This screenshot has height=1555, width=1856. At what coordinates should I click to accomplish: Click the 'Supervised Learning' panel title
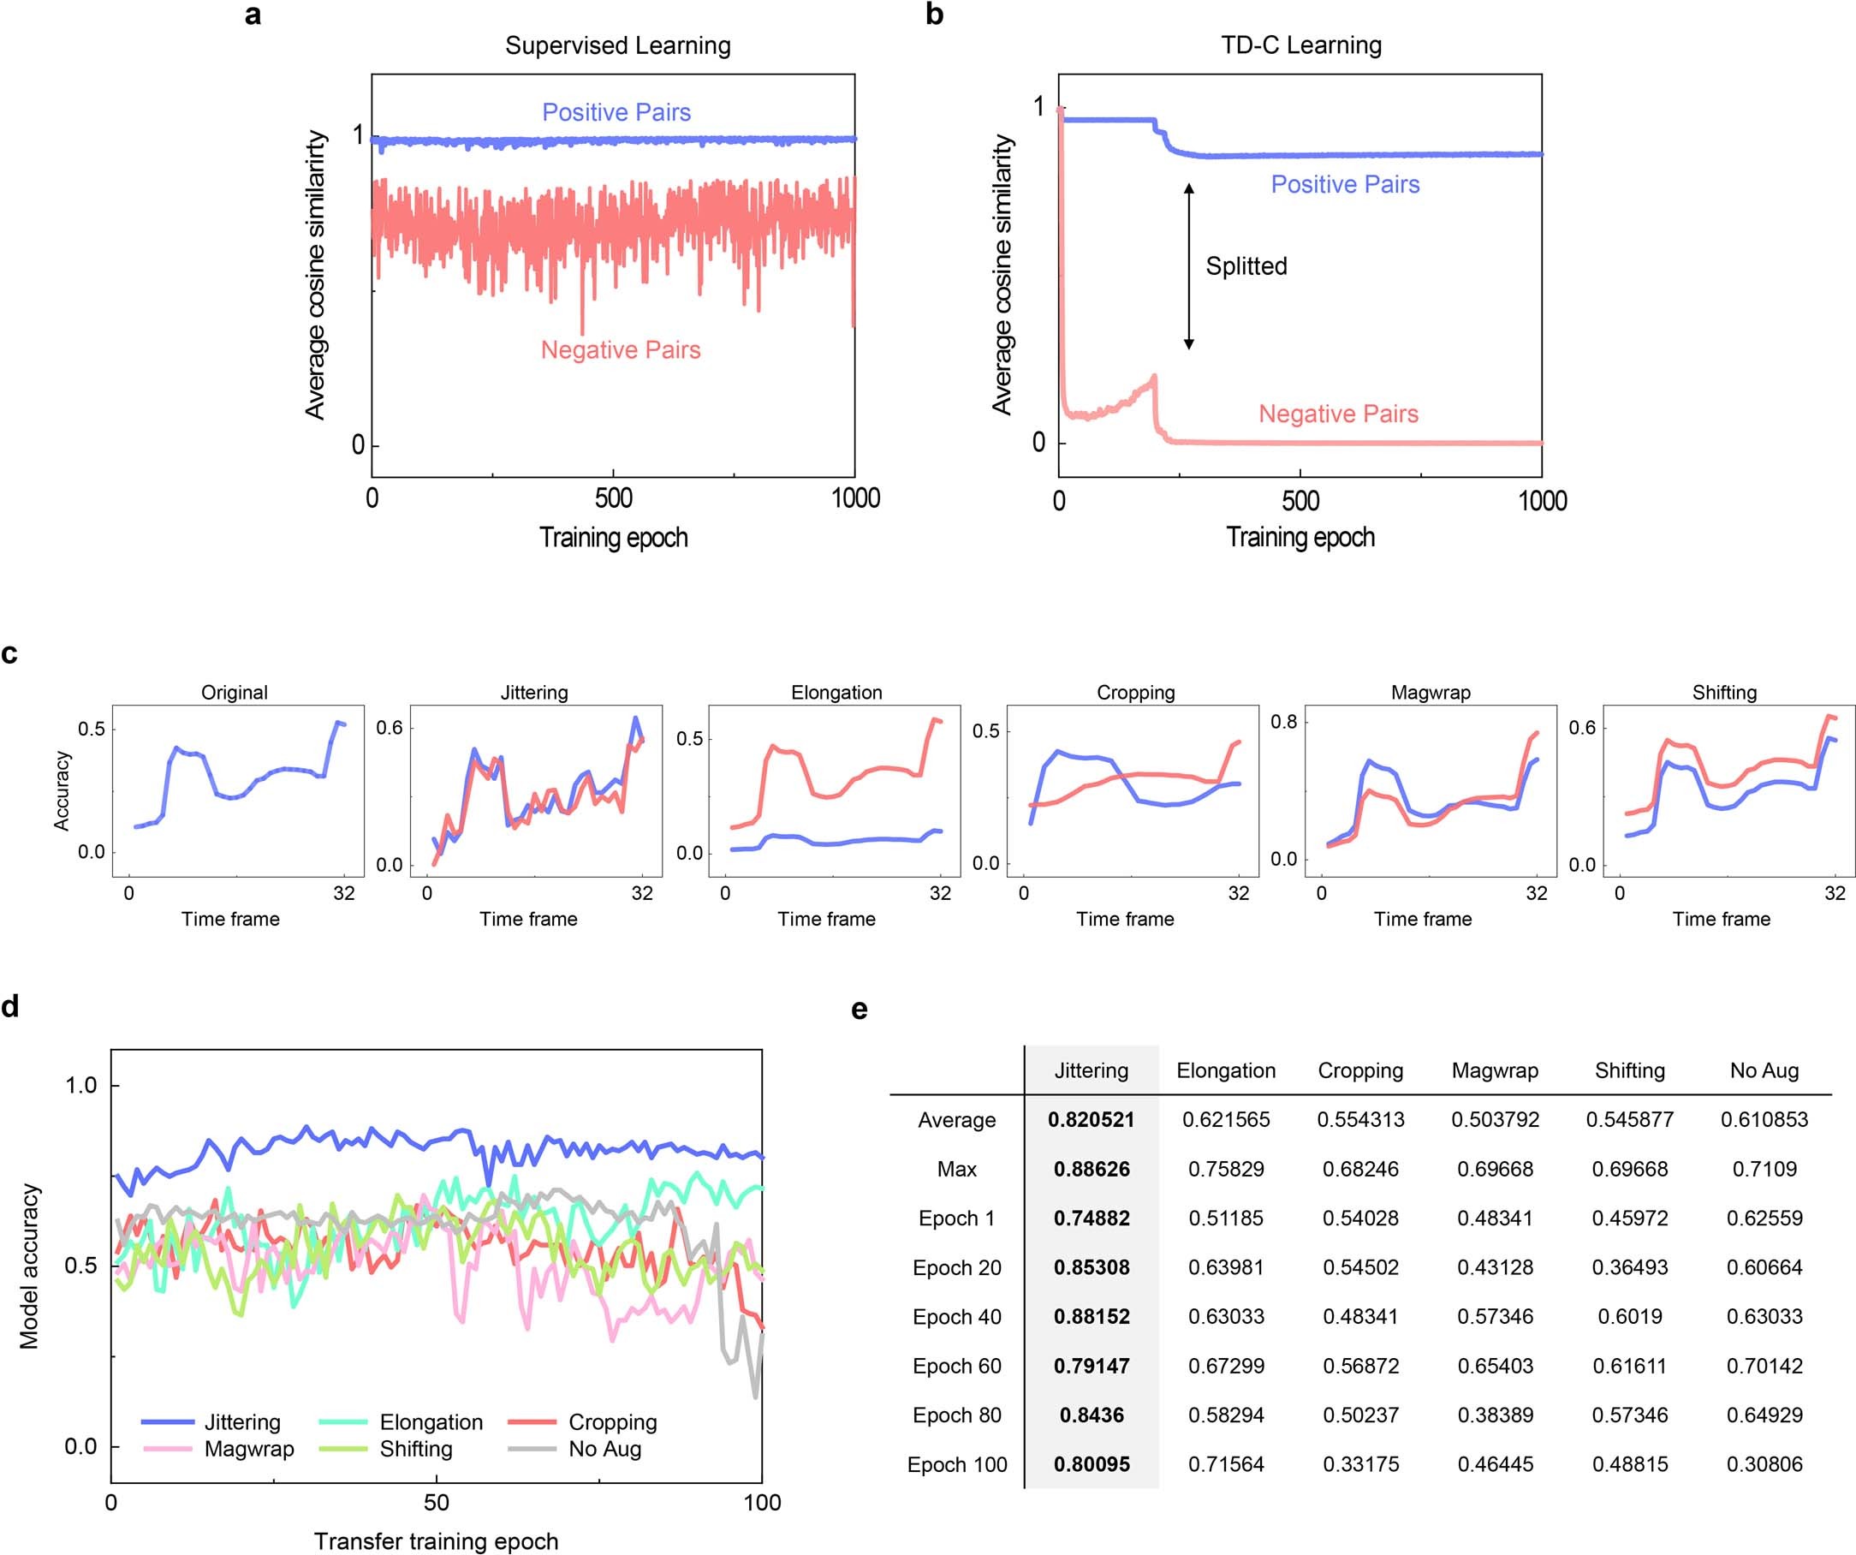pos(618,45)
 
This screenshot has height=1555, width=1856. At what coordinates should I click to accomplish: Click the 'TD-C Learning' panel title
pos(1301,45)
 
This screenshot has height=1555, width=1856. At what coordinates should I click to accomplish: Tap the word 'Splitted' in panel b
pos(1246,266)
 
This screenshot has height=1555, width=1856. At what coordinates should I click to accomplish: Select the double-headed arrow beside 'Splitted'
pos(1189,266)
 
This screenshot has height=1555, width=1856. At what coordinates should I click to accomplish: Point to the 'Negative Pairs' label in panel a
pos(621,350)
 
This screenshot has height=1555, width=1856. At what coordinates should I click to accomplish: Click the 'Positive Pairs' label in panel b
pos(1345,184)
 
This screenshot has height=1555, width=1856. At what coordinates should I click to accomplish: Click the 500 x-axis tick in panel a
pos(613,497)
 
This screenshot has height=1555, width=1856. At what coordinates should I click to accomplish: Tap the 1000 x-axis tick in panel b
pos(1543,501)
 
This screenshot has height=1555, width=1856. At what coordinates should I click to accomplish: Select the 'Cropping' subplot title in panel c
pos(1136,692)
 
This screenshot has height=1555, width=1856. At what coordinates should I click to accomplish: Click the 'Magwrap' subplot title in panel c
pos(1431,692)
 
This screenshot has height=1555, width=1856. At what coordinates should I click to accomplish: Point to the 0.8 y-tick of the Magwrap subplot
pos(1283,722)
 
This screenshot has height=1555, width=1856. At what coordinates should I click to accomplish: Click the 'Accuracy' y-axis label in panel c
pos(62,790)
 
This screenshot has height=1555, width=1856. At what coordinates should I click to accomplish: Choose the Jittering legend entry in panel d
pos(212,1422)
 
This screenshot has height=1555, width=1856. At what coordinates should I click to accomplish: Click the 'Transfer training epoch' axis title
pos(436,1540)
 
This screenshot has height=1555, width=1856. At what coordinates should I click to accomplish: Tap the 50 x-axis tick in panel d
pos(436,1502)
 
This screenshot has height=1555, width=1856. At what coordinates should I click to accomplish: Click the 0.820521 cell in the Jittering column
pos(1091,1119)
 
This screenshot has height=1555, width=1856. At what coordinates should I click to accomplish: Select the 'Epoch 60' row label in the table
pos(956,1366)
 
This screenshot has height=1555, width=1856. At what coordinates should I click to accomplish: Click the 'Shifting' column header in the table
pos(1629,1070)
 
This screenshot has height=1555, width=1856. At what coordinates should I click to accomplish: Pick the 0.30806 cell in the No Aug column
pos(1764,1464)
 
